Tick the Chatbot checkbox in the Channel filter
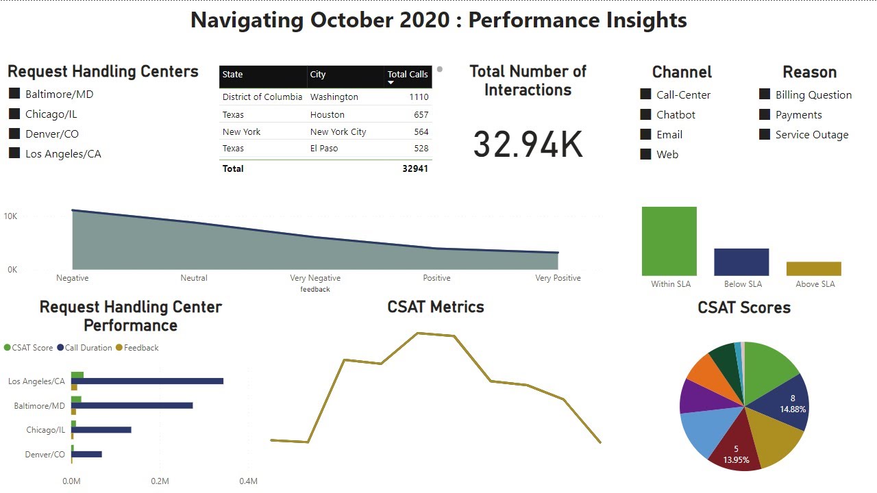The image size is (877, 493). pos(645,114)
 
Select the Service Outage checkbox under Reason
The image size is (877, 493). pos(765,134)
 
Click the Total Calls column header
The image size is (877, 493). pos(407,75)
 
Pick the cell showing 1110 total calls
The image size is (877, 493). pos(419,97)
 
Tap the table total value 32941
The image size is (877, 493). pos(415,168)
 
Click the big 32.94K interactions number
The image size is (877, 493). pos(528,144)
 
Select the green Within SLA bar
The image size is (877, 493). pos(669,241)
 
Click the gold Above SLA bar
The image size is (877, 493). pos(813,268)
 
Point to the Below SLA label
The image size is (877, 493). pos(743,284)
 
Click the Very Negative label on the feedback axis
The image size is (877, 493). pos(315,278)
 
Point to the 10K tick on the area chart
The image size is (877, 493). pos(10,216)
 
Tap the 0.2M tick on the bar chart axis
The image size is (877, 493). pos(160,481)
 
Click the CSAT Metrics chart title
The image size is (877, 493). pos(436,307)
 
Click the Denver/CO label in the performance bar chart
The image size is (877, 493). pos(45,455)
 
